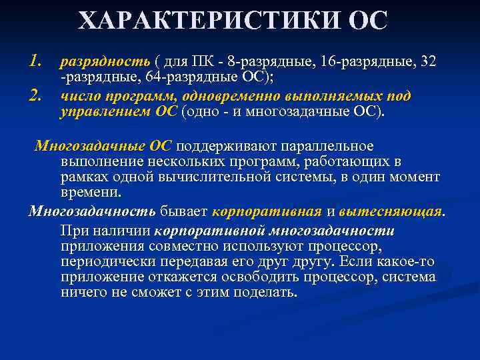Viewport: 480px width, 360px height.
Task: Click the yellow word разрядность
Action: [105, 62]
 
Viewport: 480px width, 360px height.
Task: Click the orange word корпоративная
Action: [267, 212]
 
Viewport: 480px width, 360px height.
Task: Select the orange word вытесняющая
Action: [390, 212]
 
